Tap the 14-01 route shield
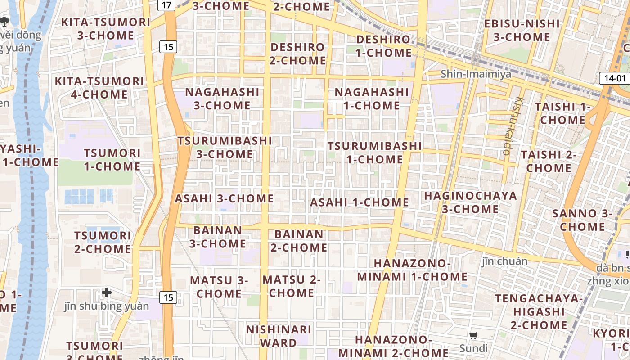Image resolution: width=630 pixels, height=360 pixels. click(615, 78)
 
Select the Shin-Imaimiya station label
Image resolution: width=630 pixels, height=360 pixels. click(476, 74)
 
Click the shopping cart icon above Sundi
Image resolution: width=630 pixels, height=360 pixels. click(473, 335)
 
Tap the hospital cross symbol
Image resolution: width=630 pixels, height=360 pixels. click(107, 293)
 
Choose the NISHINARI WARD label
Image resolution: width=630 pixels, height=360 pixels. click(279, 336)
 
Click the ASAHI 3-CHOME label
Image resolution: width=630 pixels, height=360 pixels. click(224, 198)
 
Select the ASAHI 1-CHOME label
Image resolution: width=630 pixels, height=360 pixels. click(359, 202)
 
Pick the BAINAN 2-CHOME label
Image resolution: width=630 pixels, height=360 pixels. click(299, 241)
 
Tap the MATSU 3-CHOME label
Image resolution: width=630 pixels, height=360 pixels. click(219, 287)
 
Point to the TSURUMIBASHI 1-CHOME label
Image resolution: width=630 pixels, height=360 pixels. click(374, 153)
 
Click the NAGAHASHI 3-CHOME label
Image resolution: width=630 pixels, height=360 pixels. click(222, 99)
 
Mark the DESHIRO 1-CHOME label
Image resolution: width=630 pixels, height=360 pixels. click(383, 46)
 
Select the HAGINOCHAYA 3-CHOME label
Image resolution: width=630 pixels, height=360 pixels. click(470, 202)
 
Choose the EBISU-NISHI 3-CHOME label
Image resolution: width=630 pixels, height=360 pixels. click(522, 30)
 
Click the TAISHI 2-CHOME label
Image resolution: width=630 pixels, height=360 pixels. click(549, 161)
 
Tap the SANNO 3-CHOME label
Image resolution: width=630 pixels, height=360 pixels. click(582, 220)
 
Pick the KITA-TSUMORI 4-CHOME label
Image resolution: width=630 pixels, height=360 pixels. click(99, 88)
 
